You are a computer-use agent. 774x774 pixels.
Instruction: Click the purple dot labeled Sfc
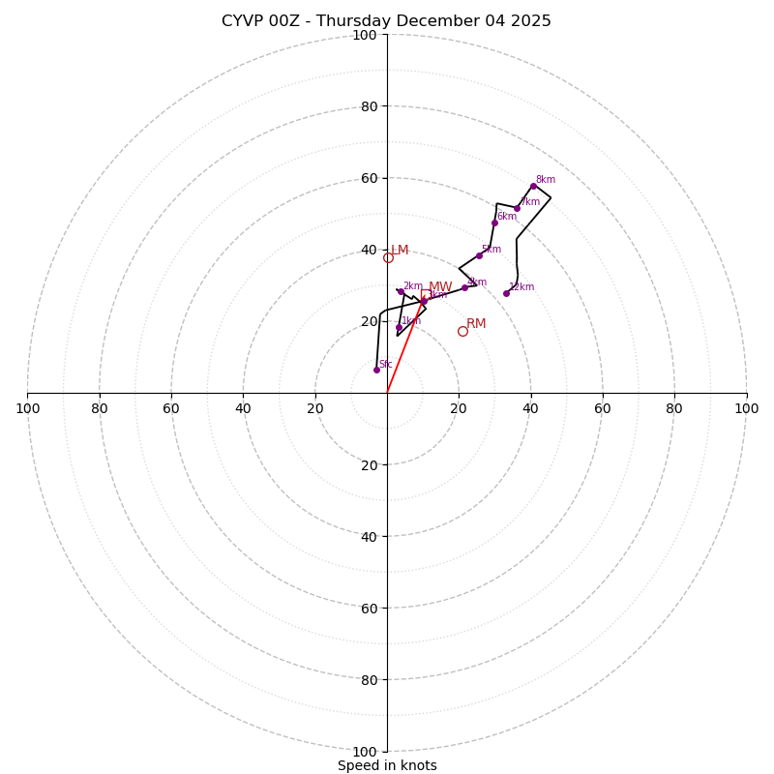pos(376,370)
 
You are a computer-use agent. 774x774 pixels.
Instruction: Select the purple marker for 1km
pos(399,327)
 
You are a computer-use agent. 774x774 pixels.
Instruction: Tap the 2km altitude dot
pos(401,291)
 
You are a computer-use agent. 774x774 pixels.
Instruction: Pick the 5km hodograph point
pos(479,255)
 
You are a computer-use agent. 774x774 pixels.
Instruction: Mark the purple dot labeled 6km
pos(494,223)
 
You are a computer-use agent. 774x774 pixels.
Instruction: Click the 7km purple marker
pos(517,208)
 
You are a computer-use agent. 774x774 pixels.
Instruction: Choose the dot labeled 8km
pos(533,186)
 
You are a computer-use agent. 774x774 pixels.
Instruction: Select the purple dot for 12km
pos(506,293)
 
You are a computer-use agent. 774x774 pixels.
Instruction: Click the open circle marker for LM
pos(388,257)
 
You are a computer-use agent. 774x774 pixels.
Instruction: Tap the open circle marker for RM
pos(462,331)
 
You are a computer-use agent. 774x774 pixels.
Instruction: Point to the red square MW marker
pos(426,294)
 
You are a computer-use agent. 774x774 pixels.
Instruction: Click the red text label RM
pos(476,324)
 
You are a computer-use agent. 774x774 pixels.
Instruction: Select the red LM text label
pos(400,251)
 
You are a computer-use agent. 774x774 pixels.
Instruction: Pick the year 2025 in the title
pos(530,21)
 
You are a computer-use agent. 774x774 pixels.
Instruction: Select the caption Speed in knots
pos(387,765)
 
